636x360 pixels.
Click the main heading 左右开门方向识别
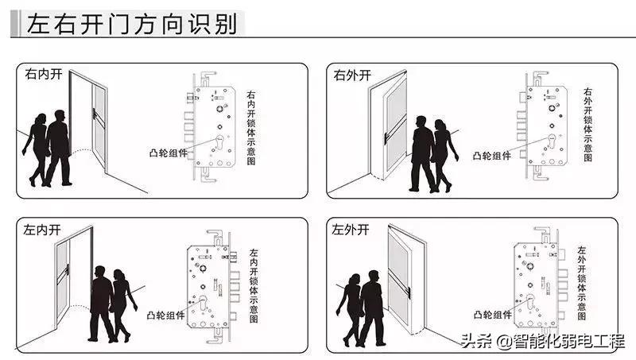(x=132, y=25)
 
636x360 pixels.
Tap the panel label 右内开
(x=43, y=75)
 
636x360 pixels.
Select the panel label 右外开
(x=352, y=75)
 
